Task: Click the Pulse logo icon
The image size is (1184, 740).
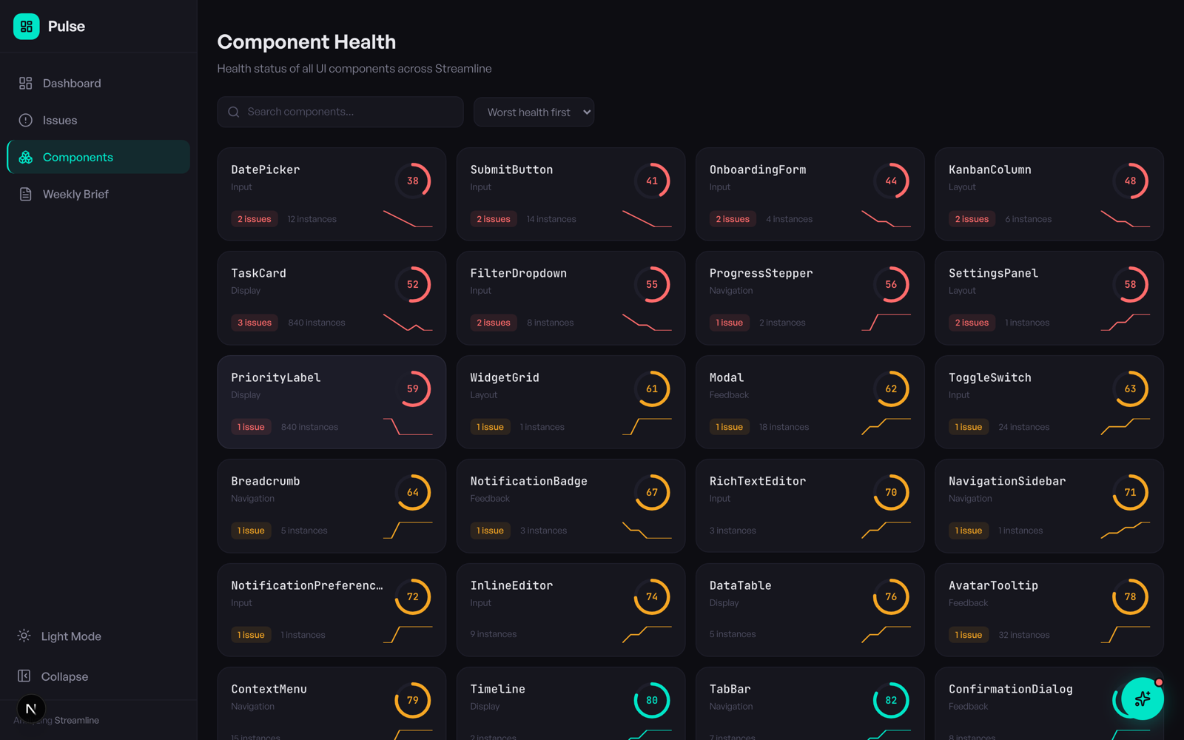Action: [26, 27]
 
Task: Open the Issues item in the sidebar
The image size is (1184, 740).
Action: [59, 120]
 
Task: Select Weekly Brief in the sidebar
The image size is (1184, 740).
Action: [75, 194]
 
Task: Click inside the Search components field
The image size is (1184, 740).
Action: [348, 112]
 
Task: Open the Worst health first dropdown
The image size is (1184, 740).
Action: [534, 112]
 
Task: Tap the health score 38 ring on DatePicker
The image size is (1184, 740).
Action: [412, 181]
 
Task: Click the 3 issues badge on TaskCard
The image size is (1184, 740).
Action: [254, 323]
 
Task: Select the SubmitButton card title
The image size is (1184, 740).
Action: [511, 169]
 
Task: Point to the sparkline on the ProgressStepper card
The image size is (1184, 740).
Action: [886, 322]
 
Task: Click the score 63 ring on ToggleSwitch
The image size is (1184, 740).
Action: [1130, 388]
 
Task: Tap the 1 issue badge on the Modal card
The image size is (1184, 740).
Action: [729, 427]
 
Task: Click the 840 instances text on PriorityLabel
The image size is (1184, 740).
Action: [309, 427]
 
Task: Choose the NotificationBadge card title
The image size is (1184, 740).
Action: [528, 481]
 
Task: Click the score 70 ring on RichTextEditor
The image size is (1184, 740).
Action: [891, 492]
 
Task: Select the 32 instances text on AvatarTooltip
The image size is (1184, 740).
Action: [1023, 635]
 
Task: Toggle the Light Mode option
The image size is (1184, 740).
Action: [70, 636]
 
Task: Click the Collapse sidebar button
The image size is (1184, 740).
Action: [64, 676]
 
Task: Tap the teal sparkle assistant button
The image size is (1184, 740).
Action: [1142, 699]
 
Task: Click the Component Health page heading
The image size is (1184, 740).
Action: [306, 42]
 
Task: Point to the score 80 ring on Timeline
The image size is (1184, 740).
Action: [651, 700]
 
